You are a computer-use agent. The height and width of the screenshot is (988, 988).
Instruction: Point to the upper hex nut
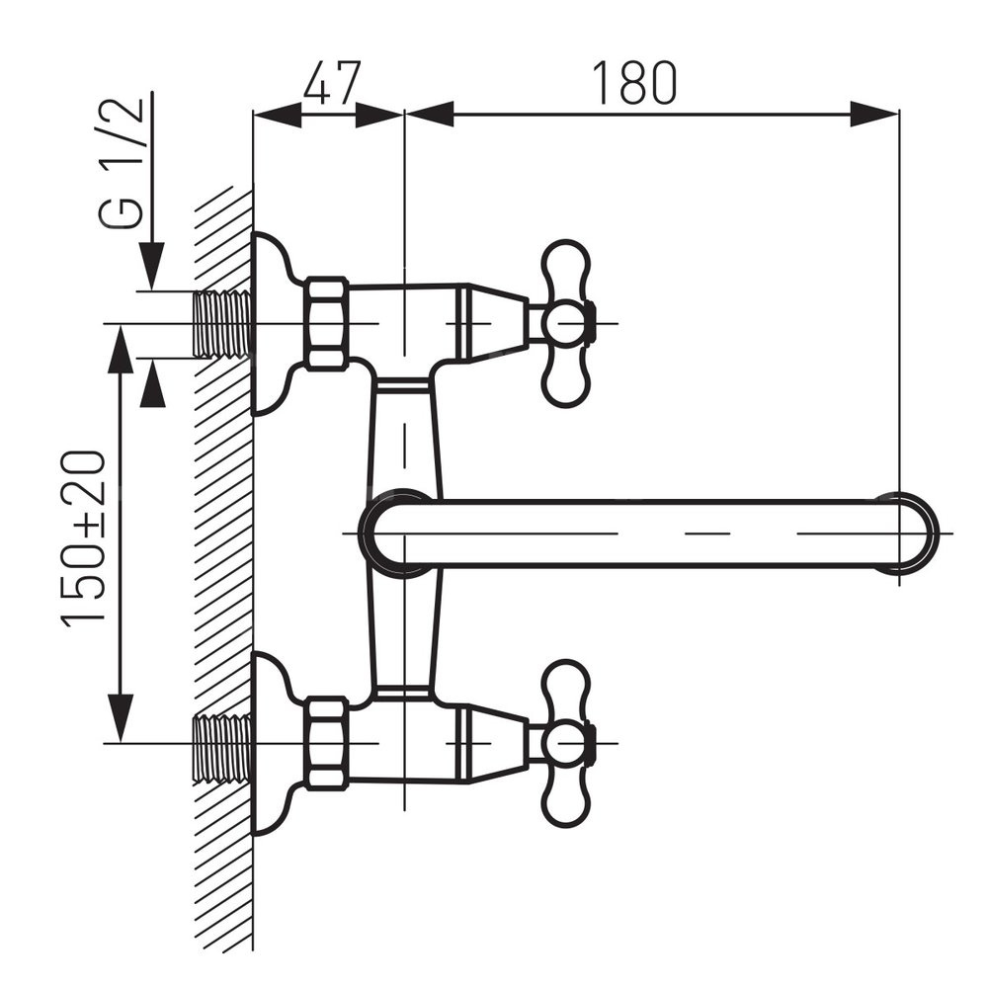point(326,323)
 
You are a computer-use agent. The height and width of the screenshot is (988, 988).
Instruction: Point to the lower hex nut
point(326,743)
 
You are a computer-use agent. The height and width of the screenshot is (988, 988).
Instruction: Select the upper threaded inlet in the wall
point(222,323)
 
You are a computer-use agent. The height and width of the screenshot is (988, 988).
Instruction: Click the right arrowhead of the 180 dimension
point(875,114)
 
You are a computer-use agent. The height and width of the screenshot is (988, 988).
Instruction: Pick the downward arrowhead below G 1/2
point(150,268)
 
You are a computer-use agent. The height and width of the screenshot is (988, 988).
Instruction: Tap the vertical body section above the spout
point(404,435)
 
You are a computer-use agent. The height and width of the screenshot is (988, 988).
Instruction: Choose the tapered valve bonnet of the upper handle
point(494,323)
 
